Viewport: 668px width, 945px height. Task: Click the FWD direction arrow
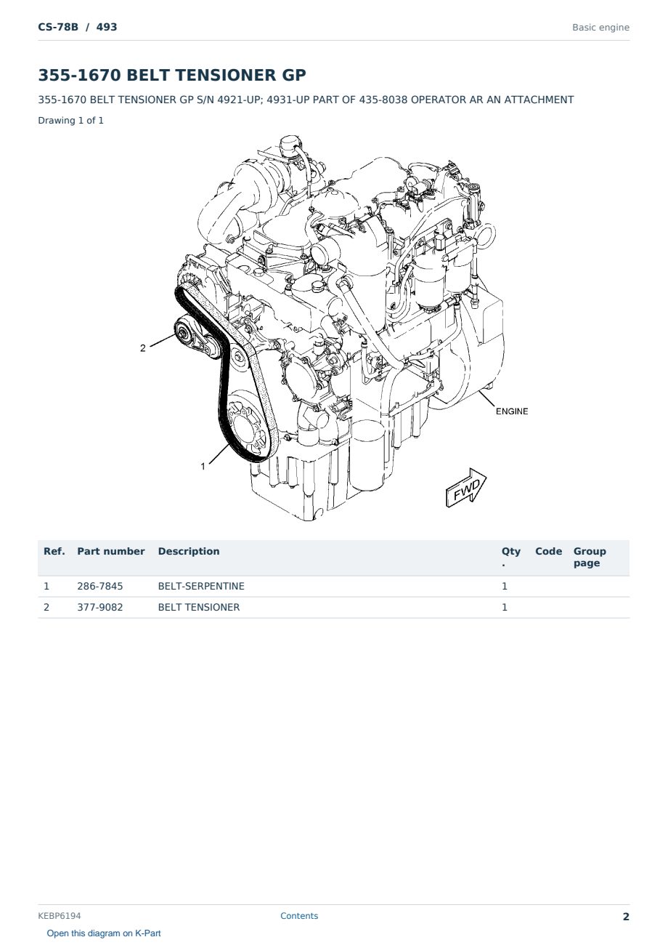pyautogui.click(x=465, y=488)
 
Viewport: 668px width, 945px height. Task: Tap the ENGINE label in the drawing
pyautogui.click(x=512, y=411)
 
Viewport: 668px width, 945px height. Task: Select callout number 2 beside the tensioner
pyautogui.click(x=143, y=348)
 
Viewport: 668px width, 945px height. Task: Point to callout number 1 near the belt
pyautogui.click(x=203, y=466)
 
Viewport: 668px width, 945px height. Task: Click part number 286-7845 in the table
pyautogui.click(x=100, y=586)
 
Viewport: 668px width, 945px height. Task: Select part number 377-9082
pyautogui.click(x=100, y=607)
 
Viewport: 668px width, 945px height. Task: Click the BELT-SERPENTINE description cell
pyautogui.click(x=201, y=586)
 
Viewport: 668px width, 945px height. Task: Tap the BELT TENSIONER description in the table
pyautogui.click(x=198, y=607)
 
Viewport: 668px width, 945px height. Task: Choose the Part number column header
pyautogui.click(x=111, y=552)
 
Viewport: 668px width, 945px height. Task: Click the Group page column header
pyautogui.click(x=590, y=558)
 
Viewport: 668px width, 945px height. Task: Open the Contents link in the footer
pyautogui.click(x=299, y=916)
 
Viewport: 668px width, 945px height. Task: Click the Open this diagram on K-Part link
pyautogui.click(x=104, y=933)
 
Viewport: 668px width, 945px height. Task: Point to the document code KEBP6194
pyautogui.click(x=60, y=916)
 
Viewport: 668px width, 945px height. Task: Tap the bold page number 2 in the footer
pyautogui.click(x=626, y=917)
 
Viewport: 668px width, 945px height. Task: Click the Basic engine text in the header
pyautogui.click(x=600, y=28)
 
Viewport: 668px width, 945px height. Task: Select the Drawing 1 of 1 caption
pyautogui.click(x=71, y=121)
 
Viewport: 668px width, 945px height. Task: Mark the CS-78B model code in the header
pyautogui.click(x=58, y=27)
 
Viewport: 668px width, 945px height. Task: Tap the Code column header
pyautogui.click(x=548, y=552)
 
